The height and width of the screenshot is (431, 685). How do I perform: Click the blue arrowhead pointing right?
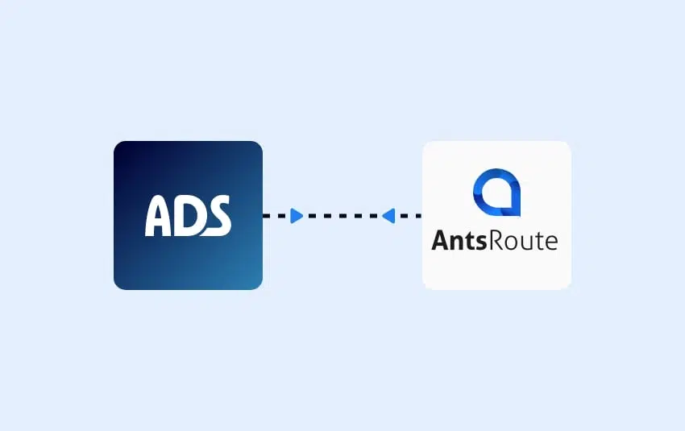coord(297,216)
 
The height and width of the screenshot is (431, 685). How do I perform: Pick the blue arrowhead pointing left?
coord(388,216)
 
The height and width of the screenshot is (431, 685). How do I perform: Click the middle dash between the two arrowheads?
coord(342,216)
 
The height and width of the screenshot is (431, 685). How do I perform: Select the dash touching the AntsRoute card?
coord(417,216)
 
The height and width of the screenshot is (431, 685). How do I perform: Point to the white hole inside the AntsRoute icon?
coord(497,193)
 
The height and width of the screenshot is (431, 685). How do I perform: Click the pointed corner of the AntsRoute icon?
coord(520,215)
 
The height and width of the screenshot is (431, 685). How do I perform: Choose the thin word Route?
coord(523,241)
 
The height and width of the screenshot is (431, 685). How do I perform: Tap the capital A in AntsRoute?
coord(442,240)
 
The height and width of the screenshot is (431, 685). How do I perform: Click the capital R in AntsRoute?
coord(496,240)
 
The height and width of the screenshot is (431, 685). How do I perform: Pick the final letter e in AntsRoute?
coord(550,242)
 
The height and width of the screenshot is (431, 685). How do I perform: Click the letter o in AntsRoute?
coord(510,242)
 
